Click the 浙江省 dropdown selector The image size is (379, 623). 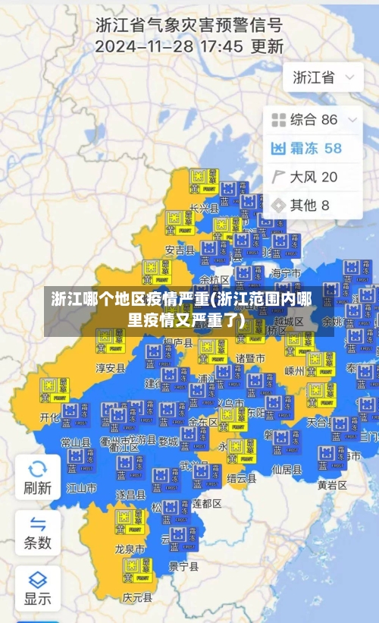pyautogui.click(x=323, y=77)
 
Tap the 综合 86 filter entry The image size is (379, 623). pyautogui.click(x=305, y=119)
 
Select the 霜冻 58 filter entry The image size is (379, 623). pyautogui.click(x=306, y=148)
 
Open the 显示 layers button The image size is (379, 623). pyautogui.click(x=37, y=587)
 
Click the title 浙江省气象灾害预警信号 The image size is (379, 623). pyautogui.click(x=189, y=25)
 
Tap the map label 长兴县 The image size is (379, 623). pyautogui.click(x=204, y=207)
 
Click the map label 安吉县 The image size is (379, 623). pyautogui.click(x=180, y=250)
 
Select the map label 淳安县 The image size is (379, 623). pyautogui.click(x=110, y=368)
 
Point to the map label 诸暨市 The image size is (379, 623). pyautogui.click(x=250, y=357)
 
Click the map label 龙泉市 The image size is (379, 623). pyautogui.click(x=130, y=548)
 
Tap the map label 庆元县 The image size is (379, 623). pyautogui.click(x=137, y=598)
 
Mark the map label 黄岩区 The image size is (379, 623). pyautogui.click(x=332, y=484)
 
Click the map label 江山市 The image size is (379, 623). pyautogui.click(x=81, y=488)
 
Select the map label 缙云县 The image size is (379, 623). pyautogui.click(x=241, y=479)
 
